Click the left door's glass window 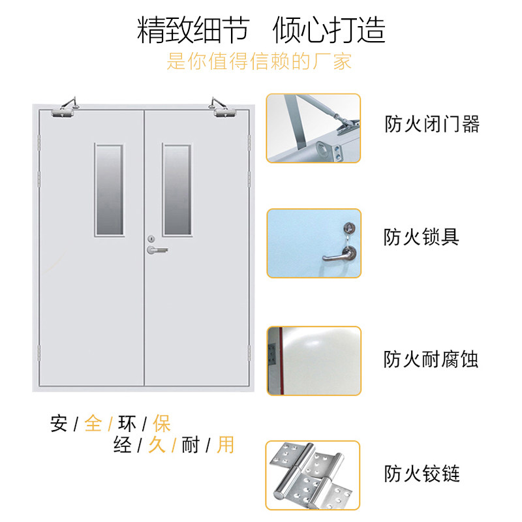(x=109, y=189)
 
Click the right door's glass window (x=177, y=189)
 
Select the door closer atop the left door (x=65, y=108)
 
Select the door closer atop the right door (x=224, y=108)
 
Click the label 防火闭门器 (x=432, y=124)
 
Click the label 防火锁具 (x=422, y=236)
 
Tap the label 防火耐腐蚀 (x=431, y=359)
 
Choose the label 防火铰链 (x=422, y=472)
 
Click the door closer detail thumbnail (x=313, y=128)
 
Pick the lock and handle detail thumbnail (x=313, y=243)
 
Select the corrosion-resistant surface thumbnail (x=313, y=360)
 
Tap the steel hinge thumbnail (x=313, y=475)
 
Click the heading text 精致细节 (x=192, y=30)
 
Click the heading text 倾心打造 (x=330, y=30)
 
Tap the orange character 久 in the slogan (x=157, y=445)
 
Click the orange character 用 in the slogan (x=226, y=445)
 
